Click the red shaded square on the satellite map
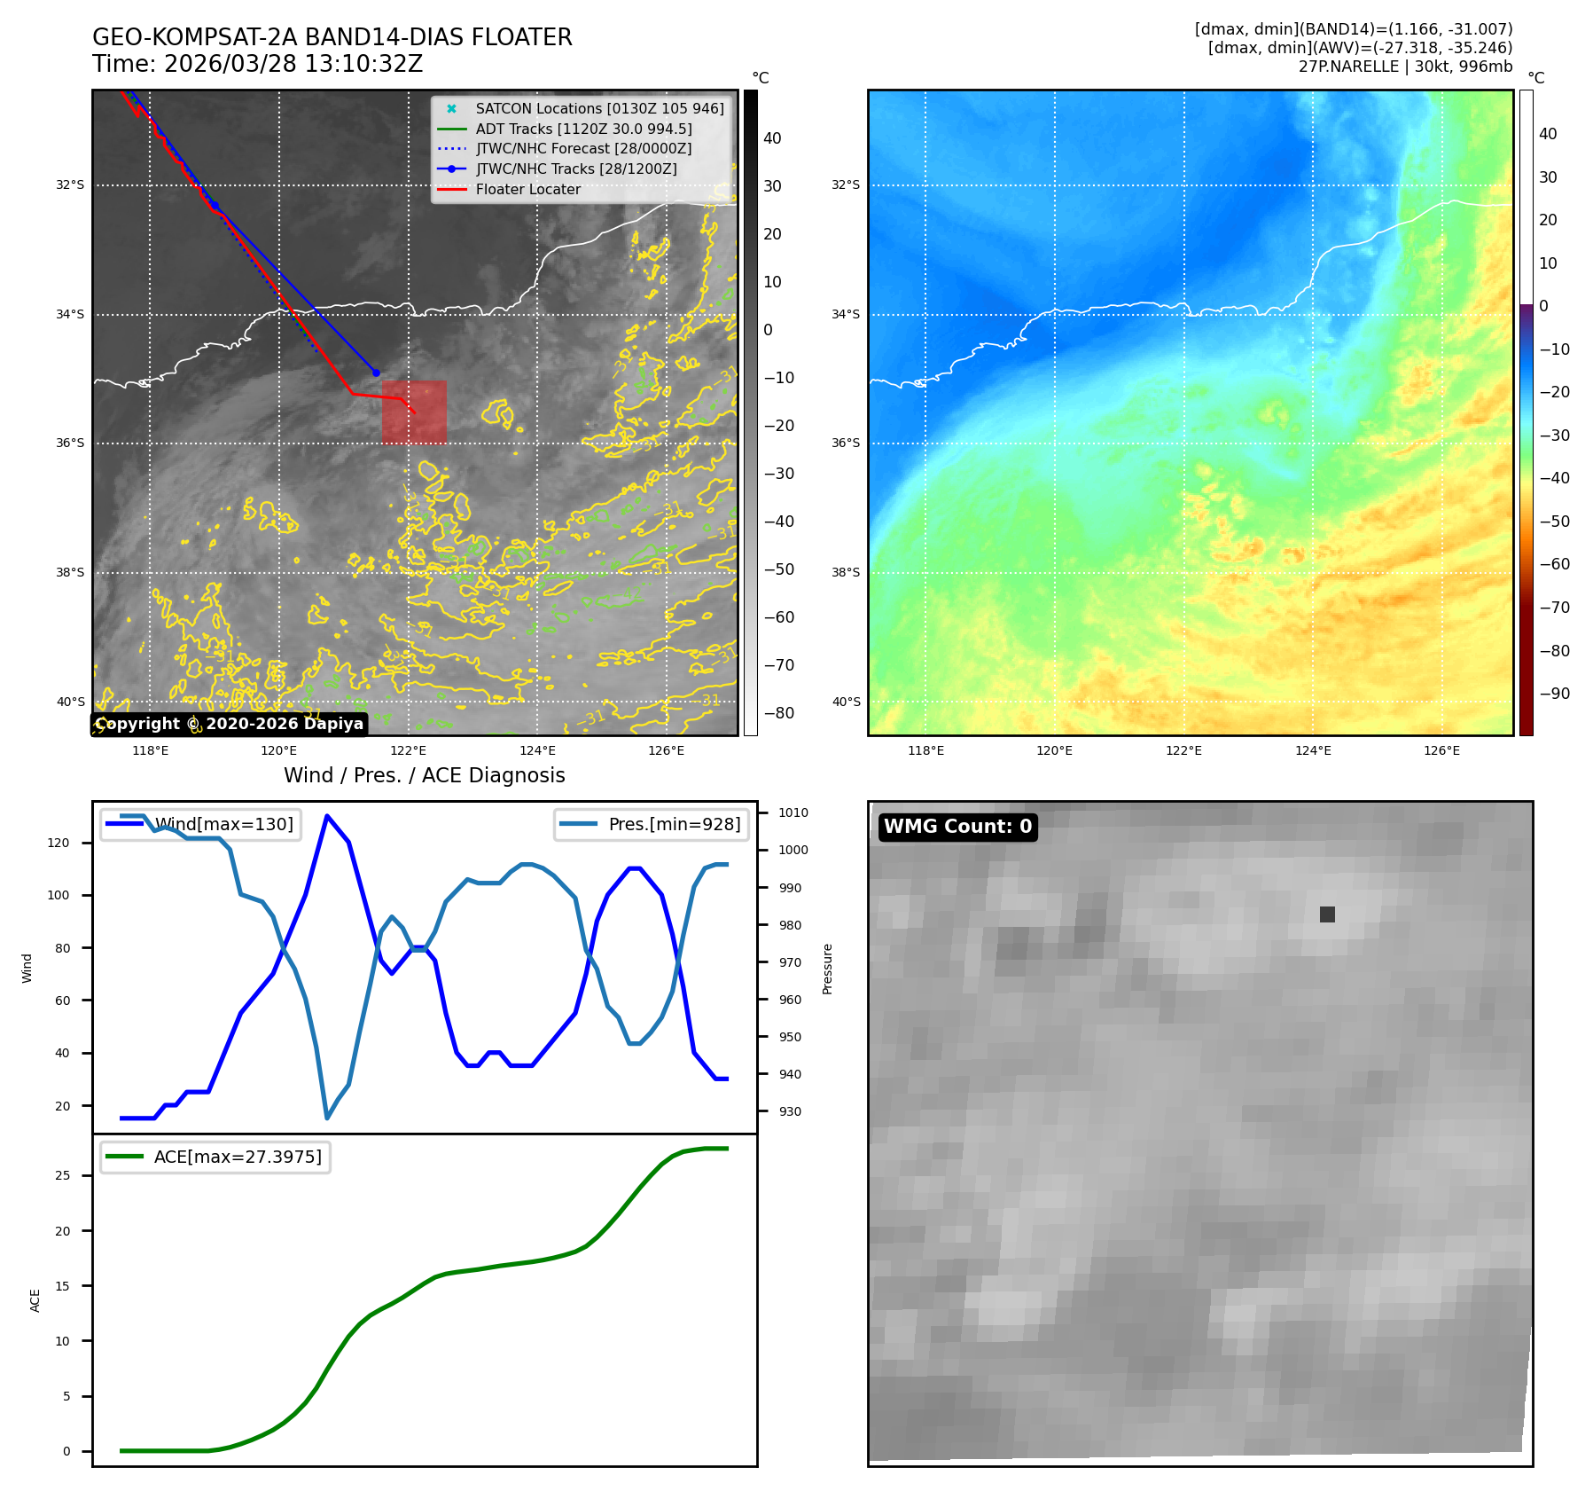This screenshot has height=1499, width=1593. tap(414, 412)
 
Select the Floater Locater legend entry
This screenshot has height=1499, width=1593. tap(527, 190)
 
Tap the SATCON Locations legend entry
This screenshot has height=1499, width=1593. tap(599, 109)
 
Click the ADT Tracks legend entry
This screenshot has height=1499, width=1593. tap(583, 129)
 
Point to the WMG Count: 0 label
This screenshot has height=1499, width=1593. tap(957, 827)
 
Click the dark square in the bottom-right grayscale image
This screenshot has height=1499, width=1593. tap(1327, 914)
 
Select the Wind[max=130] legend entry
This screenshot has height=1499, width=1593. tap(223, 824)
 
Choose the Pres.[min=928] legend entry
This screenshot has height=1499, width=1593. tap(674, 824)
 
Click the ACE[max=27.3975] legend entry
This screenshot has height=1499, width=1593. tap(238, 1158)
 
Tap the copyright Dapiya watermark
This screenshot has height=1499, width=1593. tap(230, 724)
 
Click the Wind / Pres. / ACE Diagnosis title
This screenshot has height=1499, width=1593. tap(424, 775)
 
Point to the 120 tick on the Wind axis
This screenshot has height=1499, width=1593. tap(59, 843)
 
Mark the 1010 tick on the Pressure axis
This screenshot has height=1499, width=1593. tap(793, 812)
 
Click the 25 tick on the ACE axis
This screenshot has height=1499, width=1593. tap(63, 1175)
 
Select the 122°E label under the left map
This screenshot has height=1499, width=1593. tap(409, 750)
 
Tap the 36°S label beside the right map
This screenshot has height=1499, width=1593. tap(846, 443)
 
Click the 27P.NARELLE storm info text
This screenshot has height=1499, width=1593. tap(1405, 67)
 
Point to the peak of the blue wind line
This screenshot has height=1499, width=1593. tap(327, 816)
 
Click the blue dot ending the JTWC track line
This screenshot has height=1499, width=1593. tap(376, 373)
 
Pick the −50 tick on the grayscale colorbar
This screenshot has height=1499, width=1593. tap(779, 569)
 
